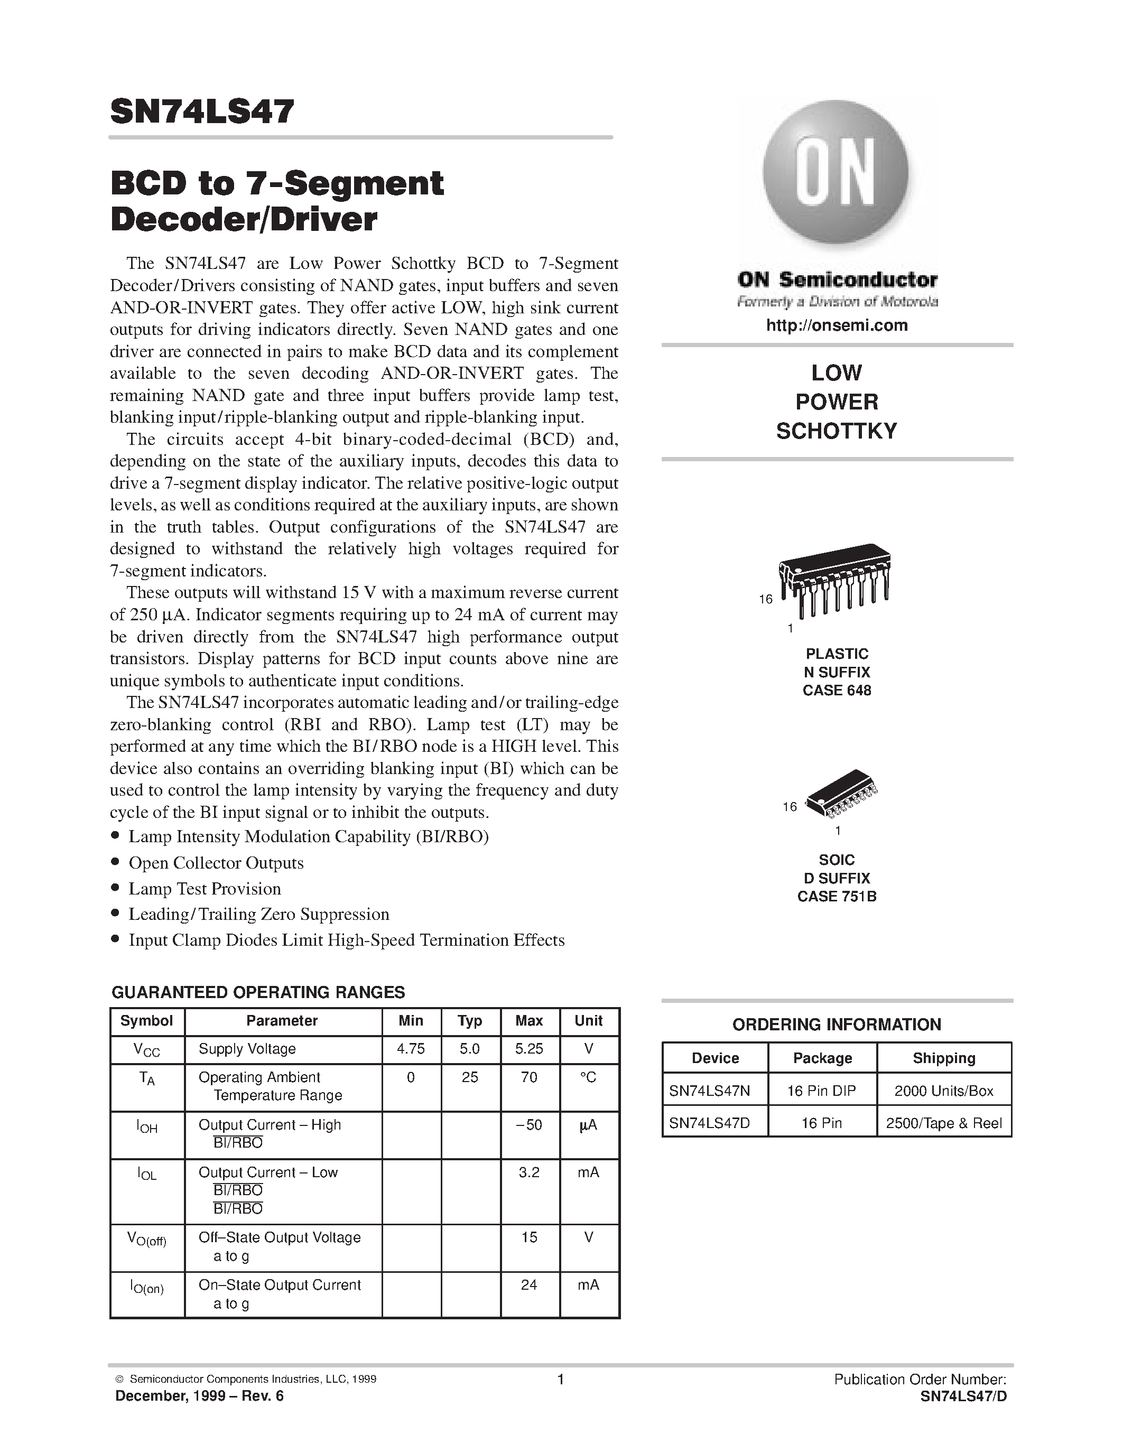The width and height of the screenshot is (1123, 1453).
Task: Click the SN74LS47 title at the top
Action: pyautogui.click(x=201, y=111)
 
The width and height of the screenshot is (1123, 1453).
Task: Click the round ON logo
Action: pyautogui.click(x=836, y=174)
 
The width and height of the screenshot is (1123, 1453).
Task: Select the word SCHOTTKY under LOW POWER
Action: pyautogui.click(x=836, y=431)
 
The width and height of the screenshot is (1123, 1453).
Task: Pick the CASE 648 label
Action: pyautogui.click(x=836, y=691)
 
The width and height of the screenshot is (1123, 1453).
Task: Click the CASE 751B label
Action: pyautogui.click(x=836, y=897)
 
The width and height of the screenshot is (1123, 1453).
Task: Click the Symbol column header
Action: pyautogui.click(x=146, y=1021)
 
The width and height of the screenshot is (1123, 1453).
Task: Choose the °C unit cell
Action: pyautogui.click(x=588, y=1077)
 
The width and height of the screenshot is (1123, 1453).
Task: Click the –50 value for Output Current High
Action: pyautogui.click(x=529, y=1125)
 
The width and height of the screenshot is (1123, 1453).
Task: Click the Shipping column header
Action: pyautogui.click(x=943, y=1058)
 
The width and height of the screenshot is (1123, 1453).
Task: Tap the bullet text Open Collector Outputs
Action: pyautogui.click(x=216, y=863)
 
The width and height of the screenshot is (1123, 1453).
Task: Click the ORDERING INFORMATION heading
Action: pyautogui.click(x=836, y=1024)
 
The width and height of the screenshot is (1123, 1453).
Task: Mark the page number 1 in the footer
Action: pyautogui.click(x=560, y=1379)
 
